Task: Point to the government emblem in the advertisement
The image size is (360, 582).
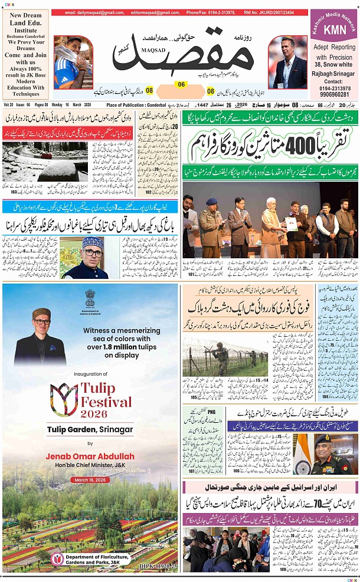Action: pyautogui.click(x=90, y=300)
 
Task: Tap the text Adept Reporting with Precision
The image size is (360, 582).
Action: pyautogui.click(x=334, y=52)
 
